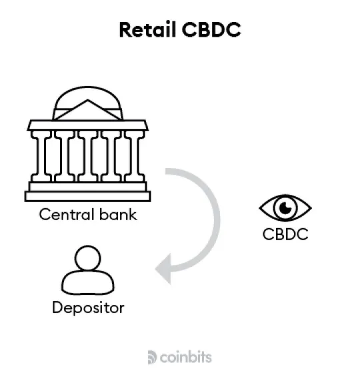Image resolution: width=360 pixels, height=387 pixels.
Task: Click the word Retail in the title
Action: coord(148,29)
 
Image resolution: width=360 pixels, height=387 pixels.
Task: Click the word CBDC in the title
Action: coord(211,29)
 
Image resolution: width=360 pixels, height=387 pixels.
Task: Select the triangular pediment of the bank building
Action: coord(87,110)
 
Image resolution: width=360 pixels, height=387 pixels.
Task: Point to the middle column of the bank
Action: coord(88,156)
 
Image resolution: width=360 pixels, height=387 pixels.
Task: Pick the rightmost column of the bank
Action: coord(135,156)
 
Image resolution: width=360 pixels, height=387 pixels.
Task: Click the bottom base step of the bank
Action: coord(87,196)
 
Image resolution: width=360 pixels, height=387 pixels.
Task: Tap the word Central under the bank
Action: coord(67,214)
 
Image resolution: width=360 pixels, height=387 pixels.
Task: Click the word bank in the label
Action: coord(118,214)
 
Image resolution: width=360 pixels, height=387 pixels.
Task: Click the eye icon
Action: coord(285,208)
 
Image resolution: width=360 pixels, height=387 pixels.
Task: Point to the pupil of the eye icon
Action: coord(285,208)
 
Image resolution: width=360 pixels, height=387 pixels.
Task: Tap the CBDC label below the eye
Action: coord(285,234)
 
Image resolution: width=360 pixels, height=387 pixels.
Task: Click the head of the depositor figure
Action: coord(87,258)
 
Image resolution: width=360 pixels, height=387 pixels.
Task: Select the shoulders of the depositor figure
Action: coord(87,282)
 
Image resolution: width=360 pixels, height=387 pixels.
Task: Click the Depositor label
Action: coord(88,308)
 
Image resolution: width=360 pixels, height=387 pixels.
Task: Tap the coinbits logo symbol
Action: coord(152,357)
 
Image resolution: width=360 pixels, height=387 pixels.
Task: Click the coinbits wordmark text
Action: coord(186,357)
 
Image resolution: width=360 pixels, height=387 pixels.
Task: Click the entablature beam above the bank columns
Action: coord(87,125)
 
